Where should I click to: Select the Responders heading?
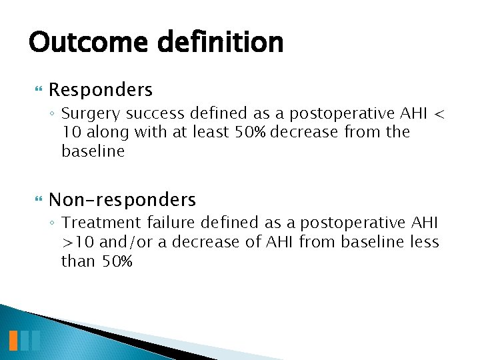[101, 89]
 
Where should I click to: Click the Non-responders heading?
[123, 199]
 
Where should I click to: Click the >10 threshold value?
[75, 242]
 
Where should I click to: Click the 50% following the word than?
[117, 261]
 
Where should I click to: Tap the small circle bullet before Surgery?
[53, 114]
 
